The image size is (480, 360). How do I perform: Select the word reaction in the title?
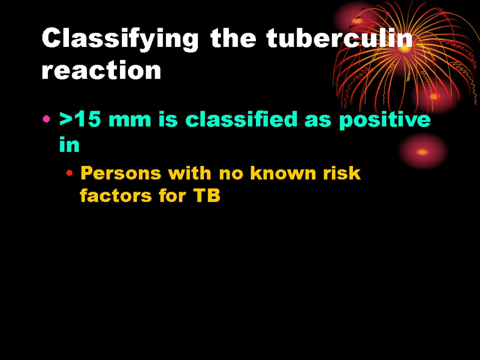101,71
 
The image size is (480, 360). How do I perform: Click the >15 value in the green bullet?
81,120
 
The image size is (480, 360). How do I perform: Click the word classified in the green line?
242,120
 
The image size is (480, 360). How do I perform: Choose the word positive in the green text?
384,120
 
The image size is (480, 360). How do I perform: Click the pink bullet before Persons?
69,174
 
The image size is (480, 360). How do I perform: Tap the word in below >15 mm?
69,145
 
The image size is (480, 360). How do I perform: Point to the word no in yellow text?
231,173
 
